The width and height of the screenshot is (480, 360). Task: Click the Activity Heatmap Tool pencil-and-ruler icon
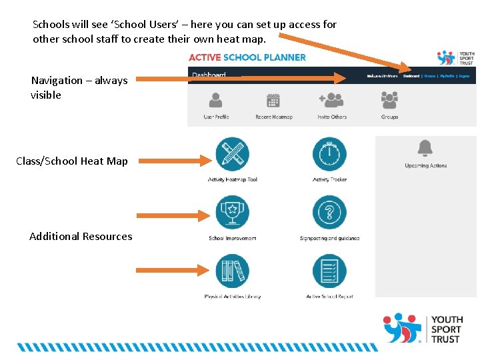(232, 154)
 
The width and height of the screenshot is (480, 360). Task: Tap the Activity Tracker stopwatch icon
(329, 154)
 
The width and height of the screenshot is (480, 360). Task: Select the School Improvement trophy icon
(232, 213)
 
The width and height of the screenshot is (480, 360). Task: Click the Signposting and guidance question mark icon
(329, 213)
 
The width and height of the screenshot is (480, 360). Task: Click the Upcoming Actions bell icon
(425, 148)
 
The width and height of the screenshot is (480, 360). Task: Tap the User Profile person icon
(216, 100)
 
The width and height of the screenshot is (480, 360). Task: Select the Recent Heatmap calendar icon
(273, 100)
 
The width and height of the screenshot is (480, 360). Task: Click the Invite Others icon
(331, 100)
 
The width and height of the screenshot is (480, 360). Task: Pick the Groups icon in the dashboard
(389, 100)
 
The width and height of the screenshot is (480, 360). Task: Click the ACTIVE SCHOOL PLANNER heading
(247, 57)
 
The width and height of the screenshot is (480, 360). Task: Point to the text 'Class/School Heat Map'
(72, 161)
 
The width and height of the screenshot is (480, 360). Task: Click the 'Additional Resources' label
(81, 236)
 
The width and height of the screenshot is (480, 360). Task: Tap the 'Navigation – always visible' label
(79, 87)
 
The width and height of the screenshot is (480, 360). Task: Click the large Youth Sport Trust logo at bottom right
(422, 328)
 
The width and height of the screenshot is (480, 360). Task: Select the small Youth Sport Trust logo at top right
(455, 57)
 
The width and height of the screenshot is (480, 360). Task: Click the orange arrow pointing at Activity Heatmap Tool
(175, 160)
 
